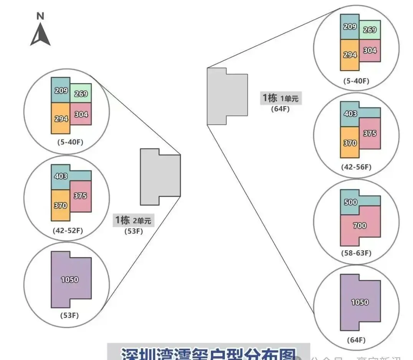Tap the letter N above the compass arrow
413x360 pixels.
pos(40,16)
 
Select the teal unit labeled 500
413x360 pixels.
pos(351,202)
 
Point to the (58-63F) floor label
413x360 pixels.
pos(356,253)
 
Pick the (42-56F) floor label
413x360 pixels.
pos(356,167)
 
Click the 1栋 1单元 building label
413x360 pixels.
pos(280,98)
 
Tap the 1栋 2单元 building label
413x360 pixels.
pos(133,220)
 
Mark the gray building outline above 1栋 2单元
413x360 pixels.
pos(160,177)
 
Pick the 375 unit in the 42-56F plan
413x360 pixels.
pos(370,134)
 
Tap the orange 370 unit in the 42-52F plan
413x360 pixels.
pos(60,206)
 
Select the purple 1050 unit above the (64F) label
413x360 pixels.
pos(360,302)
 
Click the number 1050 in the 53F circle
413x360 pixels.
pos(69,280)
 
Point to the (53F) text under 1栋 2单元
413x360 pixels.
pos(133,231)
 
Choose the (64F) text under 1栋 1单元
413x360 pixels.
pos(280,108)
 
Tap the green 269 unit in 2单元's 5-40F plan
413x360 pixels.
pos(81,94)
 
